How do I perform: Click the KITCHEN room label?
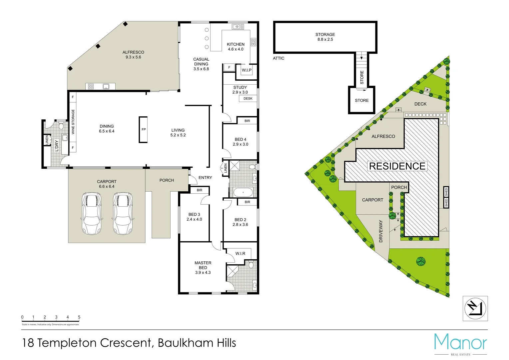click(236, 44)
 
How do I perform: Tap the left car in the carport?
click(91, 213)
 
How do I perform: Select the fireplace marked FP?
click(143, 129)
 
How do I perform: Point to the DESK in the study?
click(248, 99)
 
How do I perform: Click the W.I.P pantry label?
click(247, 70)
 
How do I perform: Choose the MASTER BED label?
click(203, 265)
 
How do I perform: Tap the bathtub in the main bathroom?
click(243, 192)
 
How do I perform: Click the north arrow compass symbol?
click(475, 308)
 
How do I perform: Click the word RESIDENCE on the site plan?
click(397, 166)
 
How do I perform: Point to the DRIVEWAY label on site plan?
click(381, 231)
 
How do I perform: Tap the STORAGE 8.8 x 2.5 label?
click(325, 37)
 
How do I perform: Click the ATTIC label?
click(278, 58)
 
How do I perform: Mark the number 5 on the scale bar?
click(79, 317)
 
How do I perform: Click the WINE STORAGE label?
click(73, 122)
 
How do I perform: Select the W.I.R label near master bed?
click(240, 254)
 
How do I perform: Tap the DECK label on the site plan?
click(420, 104)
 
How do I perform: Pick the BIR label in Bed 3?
click(199, 190)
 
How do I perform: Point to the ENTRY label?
click(205, 178)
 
